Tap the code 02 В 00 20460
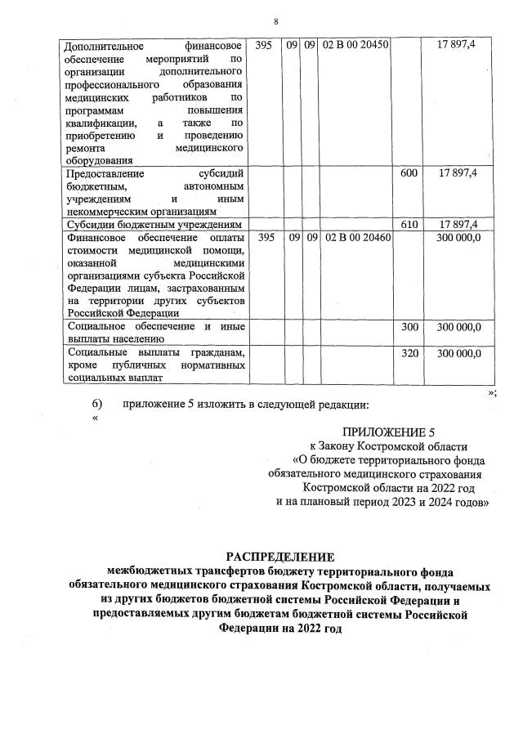pyautogui.click(x=357, y=238)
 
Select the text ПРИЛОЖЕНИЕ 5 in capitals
pyautogui.click(x=384, y=432)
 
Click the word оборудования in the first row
pyautogui.click(x=97, y=161)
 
